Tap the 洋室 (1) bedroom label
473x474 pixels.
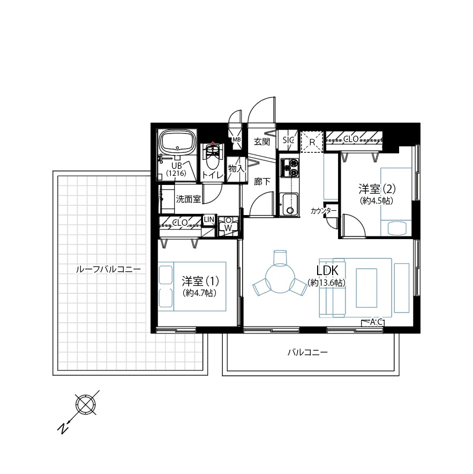(200, 282)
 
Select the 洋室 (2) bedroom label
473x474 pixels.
(377, 189)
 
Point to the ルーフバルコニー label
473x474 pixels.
(108, 269)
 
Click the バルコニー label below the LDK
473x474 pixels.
(307, 352)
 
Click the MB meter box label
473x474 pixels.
(237, 139)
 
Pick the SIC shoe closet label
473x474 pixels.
(288, 140)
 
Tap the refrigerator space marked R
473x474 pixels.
(312, 142)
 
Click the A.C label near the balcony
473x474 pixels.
(377, 322)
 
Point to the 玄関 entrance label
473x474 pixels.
(262, 142)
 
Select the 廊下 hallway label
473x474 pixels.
(262, 181)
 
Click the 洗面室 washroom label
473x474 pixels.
(189, 199)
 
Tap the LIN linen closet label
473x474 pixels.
(209, 219)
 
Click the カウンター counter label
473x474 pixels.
(324, 211)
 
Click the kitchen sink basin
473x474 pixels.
(289, 205)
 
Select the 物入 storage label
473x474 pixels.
(236, 169)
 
